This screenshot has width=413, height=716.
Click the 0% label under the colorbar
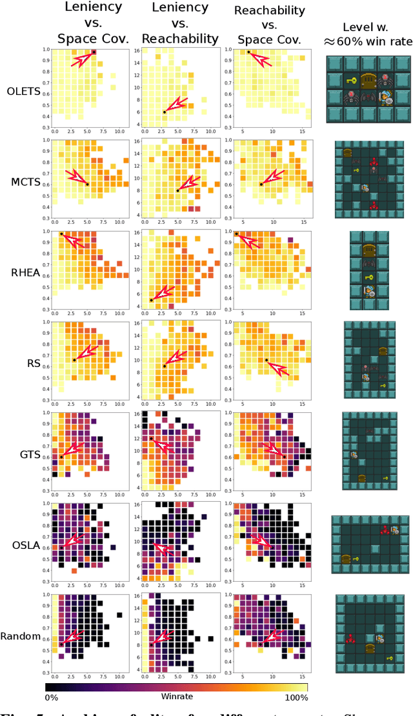click(x=54, y=697)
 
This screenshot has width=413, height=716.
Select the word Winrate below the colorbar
click(x=176, y=697)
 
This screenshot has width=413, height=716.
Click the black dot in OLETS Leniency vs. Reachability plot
click(x=164, y=112)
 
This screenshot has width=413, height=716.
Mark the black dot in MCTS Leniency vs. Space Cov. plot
click(x=87, y=184)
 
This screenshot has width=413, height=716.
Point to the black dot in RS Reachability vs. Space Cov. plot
click(x=267, y=360)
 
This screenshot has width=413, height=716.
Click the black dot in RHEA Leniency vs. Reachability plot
click(x=151, y=300)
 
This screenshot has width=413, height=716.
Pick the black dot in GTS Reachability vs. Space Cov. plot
click(x=283, y=457)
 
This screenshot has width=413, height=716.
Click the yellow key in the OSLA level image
click(x=355, y=559)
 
